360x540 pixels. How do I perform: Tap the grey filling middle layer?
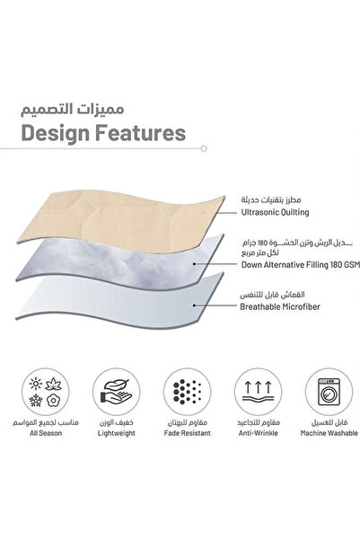[135, 261]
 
